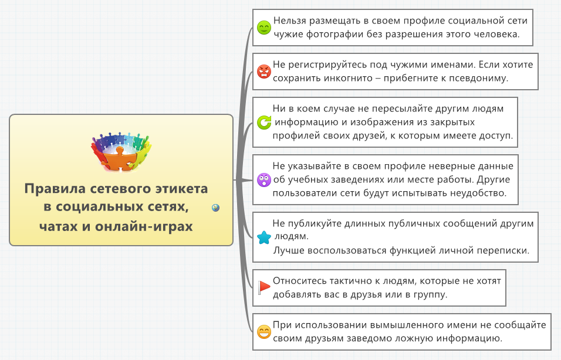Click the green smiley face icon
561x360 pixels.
point(264,28)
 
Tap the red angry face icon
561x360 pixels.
point(264,72)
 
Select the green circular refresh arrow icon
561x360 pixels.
point(264,123)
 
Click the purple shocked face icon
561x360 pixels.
point(264,180)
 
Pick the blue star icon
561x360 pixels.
point(264,237)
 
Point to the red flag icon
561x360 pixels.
point(264,287)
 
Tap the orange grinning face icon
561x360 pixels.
point(264,332)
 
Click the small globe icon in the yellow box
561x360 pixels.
point(215,208)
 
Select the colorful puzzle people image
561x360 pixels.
point(121,152)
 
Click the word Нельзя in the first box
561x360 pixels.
point(290,21)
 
